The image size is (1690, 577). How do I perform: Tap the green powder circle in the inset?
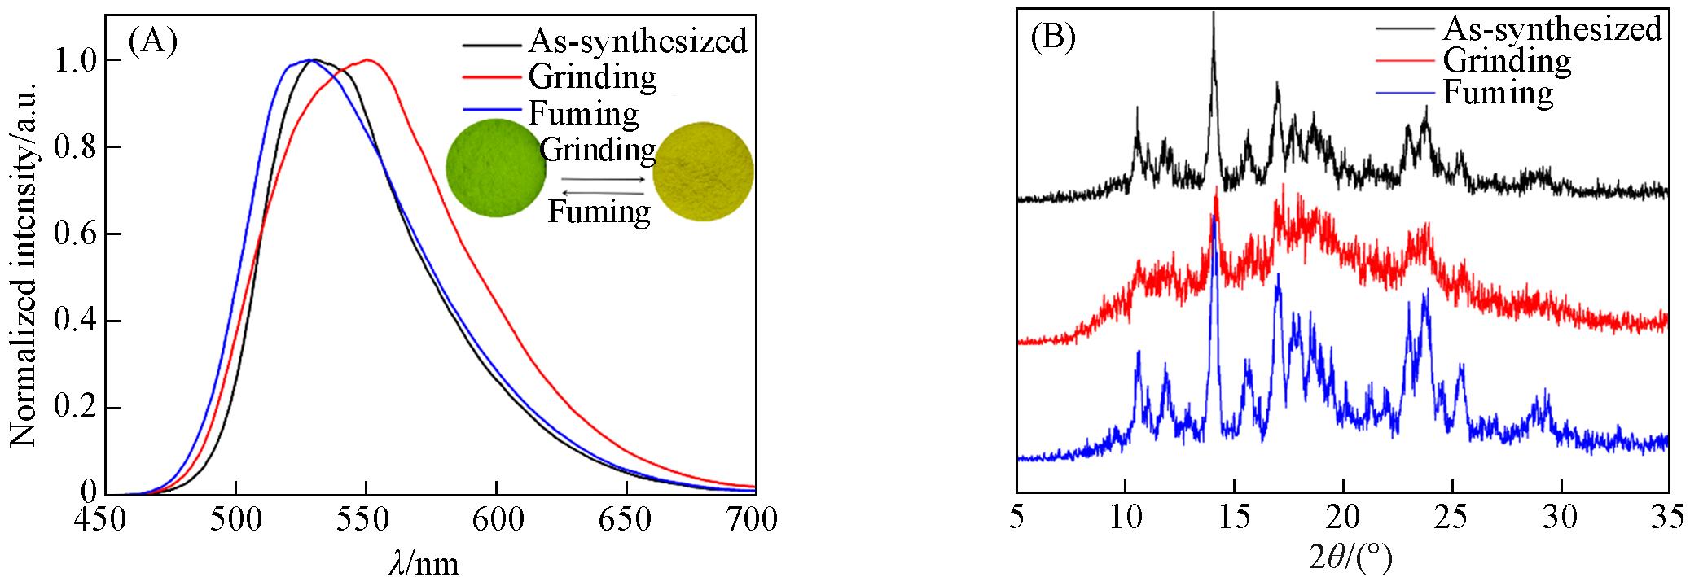point(496,168)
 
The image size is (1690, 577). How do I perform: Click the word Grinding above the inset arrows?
point(598,150)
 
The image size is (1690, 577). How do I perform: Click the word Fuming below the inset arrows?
point(599,212)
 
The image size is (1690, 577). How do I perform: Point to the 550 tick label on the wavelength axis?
point(366,520)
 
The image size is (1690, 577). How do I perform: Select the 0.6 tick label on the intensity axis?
point(78,234)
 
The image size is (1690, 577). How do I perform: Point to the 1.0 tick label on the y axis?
point(78,60)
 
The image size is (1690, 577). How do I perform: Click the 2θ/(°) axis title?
point(1344,557)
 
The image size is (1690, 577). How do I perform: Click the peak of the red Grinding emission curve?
point(368,59)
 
